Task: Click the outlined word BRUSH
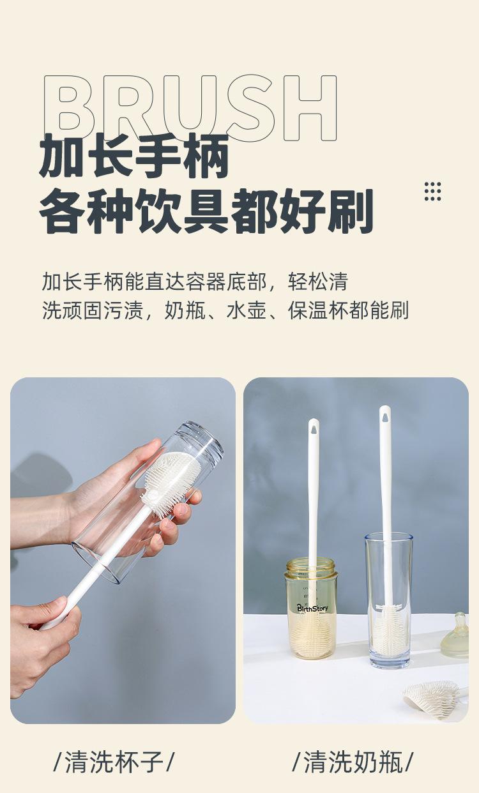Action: (x=190, y=109)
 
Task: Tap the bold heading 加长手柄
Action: (x=134, y=156)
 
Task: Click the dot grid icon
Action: (x=432, y=192)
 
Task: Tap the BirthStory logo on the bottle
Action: (x=312, y=608)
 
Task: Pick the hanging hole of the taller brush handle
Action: (x=385, y=415)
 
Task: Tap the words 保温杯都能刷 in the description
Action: (x=348, y=310)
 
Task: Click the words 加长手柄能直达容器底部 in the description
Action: (x=155, y=282)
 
